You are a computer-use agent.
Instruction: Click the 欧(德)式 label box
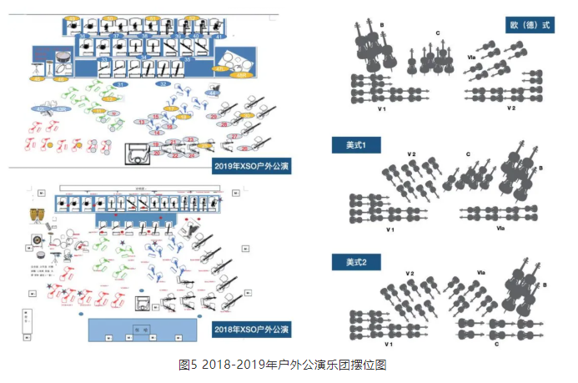pyautogui.click(x=530, y=25)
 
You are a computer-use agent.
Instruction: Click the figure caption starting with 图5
pyautogui.click(x=283, y=365)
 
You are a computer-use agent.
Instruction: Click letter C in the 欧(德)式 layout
pyautogui.click(x=438, y=33)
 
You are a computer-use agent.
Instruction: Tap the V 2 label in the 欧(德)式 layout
pyautogui.click(x=510, y=108)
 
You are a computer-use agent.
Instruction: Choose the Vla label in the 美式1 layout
pyautogui.click(x=500, y=227)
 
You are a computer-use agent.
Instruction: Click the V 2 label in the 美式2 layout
pyautogui.click(x=410, y=273)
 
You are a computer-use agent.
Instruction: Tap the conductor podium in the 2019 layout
pyautogui.click(x=138, y=155)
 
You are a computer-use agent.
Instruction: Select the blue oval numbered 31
pyautogui.click(x=120, y=85)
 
